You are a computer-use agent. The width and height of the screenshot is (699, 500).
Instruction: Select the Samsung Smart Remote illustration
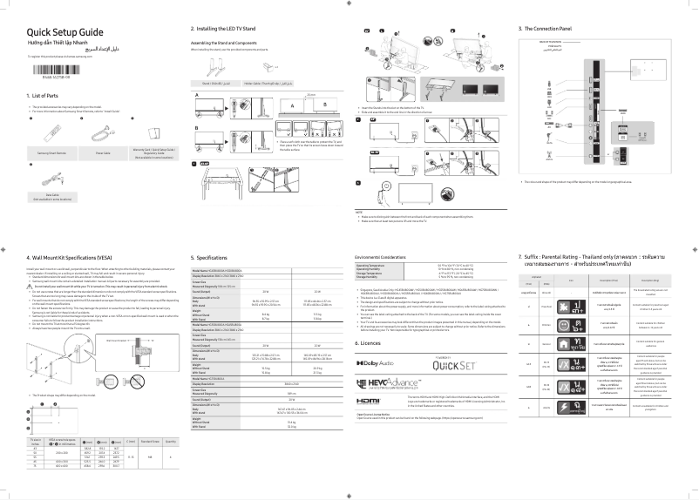pyautogui.click(x=50, y=130)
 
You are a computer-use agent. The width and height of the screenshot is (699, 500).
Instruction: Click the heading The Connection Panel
pyautogui.click(x=558, y=30)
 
